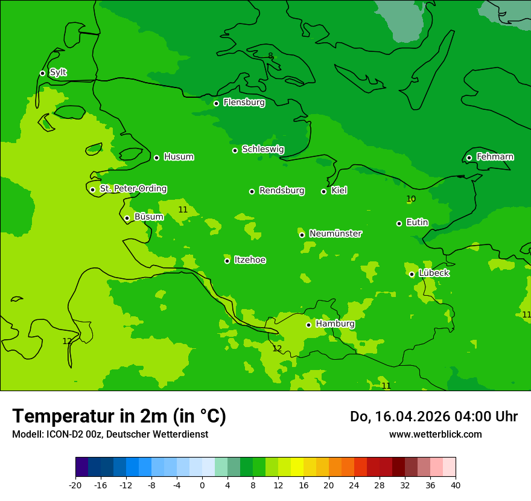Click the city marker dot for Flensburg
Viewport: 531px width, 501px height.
pyautogui.click(x=216, y=103)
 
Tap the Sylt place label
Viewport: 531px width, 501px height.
pyautogui.click(x=58, y=72)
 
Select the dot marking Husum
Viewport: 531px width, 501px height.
pyautogui.click(x=156, y=158)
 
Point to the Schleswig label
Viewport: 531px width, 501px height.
pyautogui.click(x=262, y=149)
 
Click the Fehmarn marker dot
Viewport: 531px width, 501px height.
pyautogui.click(x=469, y=158)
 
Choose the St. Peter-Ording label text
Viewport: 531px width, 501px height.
pyautogui.click(x=133, y=189)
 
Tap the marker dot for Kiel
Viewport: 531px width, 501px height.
pyautogui.click(x=323, y=191)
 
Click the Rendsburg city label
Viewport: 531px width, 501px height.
pyautogui.click(x=281, y=191)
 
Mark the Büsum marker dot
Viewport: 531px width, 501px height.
pyautogui.click(x=127, y=218)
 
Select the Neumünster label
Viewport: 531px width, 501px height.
pyautogui.click(x=335, y=234)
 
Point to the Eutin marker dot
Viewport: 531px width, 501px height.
pyautogui.click(x=399, y=223)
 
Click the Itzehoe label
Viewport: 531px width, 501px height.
pyautogui.click(x=250, y=260)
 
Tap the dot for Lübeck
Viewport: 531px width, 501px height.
pyautogui.click(x=412, y=274)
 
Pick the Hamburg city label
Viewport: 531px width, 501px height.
pyautogui.click(x=335, y=324)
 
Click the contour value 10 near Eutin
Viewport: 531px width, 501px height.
pyautogui.click(x=411, y=199)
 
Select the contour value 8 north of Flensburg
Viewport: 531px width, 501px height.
pyautogui.click(x=270, y=56)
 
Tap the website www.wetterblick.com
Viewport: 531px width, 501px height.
pyautogui.click(x=435, y=434)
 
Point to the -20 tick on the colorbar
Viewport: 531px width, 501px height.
pyautogui.click(x=75, y=485)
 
